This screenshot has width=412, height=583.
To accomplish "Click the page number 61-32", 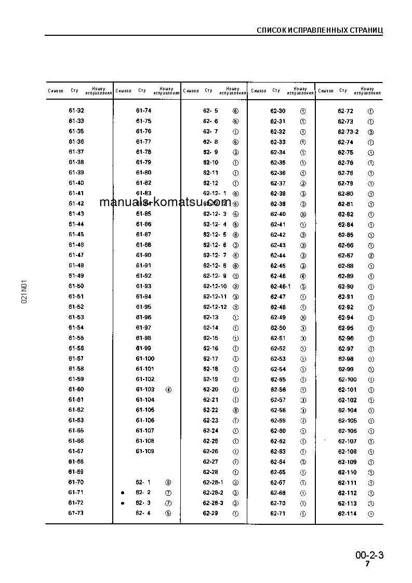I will pos(76,111).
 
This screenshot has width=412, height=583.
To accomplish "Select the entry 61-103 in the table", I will pos(145,389).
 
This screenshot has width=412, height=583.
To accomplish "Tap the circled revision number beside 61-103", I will pos(168,389).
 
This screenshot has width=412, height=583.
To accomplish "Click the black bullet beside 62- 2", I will pos(123,493).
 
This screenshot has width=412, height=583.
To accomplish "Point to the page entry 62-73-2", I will pos(348,131).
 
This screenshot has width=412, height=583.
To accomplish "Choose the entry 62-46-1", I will pos(281,286).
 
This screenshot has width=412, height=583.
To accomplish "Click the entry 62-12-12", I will pos(215,307).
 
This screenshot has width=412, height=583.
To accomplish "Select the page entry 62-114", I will pos(347,513).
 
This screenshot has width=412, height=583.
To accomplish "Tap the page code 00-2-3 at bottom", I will pos(369,555).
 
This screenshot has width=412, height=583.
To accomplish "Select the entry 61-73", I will pos(76,513).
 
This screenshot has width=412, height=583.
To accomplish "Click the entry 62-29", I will pos(210,513).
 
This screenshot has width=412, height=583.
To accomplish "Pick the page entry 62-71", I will pos(278,513).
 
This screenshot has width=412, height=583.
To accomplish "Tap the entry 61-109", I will pos(145,451).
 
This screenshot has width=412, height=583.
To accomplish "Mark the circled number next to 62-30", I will pos(303,111).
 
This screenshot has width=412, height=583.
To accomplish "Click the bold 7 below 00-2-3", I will pos(367,564).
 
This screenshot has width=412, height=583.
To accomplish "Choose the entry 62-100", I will pos(347,379).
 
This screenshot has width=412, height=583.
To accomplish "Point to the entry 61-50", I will pos(76,286).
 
